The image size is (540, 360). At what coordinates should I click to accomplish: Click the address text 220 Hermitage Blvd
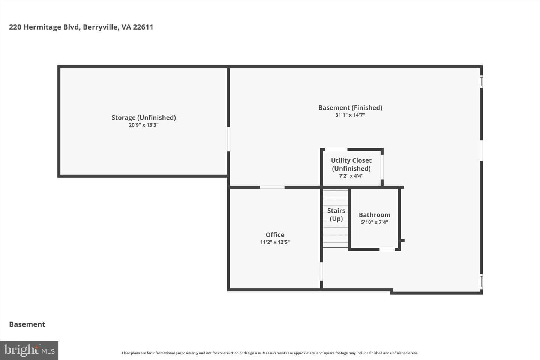point(44,27)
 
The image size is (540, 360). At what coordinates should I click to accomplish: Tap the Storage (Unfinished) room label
point(144,118)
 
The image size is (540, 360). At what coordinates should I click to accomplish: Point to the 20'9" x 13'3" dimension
point(144,125)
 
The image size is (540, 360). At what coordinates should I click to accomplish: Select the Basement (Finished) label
point(350,108)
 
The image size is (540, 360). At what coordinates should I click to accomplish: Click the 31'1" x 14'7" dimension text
point(350,115)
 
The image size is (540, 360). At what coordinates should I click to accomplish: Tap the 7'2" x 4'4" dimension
point(351,176)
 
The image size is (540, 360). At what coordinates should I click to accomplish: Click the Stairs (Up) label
point(336,214)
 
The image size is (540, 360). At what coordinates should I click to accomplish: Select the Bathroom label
point(374,214)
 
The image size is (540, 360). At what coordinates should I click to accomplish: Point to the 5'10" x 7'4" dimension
point(374,222)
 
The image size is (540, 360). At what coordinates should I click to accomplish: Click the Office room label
point(275,234)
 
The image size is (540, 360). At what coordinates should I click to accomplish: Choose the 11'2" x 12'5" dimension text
point(275,242)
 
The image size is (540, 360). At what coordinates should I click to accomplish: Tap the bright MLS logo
point(29,350)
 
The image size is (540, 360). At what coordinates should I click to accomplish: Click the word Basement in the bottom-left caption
point(27,324)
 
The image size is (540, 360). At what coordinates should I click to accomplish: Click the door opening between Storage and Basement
point(228,139)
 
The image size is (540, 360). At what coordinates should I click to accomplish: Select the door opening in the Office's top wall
point(272,187)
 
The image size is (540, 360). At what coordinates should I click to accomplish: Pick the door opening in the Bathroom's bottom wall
point(387,249)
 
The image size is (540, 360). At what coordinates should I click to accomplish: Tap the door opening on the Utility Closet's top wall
point(336,150)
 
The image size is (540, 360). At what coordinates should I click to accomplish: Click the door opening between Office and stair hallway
point(321,271)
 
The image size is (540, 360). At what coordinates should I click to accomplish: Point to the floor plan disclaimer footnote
point(270,353)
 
